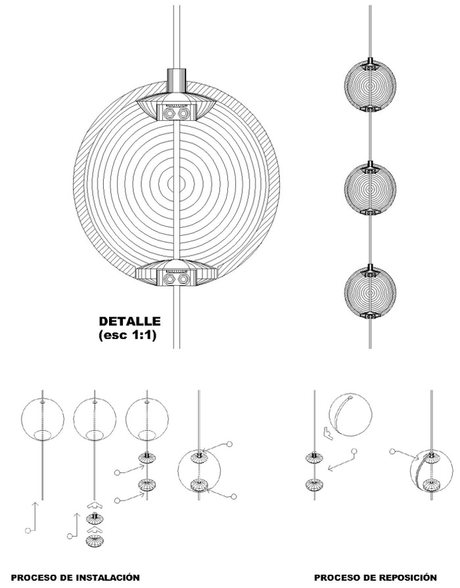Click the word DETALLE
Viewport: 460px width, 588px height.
tap(129, 321)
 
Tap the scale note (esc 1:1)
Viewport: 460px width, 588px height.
tap(127, 335)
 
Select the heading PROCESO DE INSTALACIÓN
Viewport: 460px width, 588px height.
tap(76, 577)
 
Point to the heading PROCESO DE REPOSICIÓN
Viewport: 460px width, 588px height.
tap(375, 577)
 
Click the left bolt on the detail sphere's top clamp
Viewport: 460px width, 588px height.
tap(170, 113)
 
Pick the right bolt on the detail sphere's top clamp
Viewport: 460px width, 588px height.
tap(183, 113)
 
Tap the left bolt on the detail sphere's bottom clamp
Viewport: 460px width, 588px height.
tap(170, 279)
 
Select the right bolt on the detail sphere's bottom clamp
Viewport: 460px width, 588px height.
tap(183, 279)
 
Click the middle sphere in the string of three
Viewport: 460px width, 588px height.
tap(371, 187)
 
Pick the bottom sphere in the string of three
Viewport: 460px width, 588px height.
tap(371, 292)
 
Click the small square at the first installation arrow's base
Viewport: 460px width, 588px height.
tap(27, 531)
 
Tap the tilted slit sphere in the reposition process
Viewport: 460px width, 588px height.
tap(350, 415)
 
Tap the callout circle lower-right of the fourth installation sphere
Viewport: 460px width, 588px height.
tap(234, 497)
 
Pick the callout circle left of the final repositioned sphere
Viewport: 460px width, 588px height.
tap(392, 451)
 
